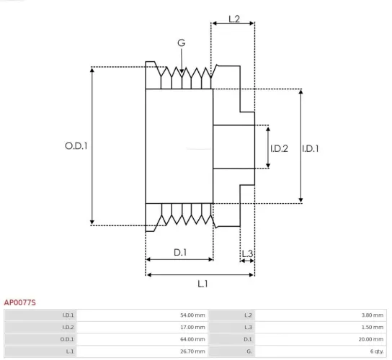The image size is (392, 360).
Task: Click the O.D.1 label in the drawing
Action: (x=76, y=145)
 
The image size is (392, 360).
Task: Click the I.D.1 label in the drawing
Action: (x=311, y=148)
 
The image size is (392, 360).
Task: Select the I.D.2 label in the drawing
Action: (x=279, y=148)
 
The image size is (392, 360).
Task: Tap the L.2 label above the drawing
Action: (x=233, y=19)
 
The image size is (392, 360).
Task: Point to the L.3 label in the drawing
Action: (x=246, y=253)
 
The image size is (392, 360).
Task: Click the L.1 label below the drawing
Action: (x=202, y=283)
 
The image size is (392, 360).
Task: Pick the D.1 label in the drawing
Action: (x=180, y=252)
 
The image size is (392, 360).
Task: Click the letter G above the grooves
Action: (x=181, y=43)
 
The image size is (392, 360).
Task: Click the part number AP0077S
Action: (x=20, y=303)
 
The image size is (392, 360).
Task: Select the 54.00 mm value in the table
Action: (x=192, y=315)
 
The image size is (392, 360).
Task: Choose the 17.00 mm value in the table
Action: (x=192, y=327)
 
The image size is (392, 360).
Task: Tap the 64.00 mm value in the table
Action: (x=192, y=338)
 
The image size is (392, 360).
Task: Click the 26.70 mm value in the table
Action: (x=192, y=350)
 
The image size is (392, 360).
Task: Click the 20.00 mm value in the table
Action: (x=371, y=338)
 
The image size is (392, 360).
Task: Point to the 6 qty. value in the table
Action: (x=375, y=350)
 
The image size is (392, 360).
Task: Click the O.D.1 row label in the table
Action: (x=68, y=338)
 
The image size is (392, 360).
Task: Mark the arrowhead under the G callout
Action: (x=182, y=71)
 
